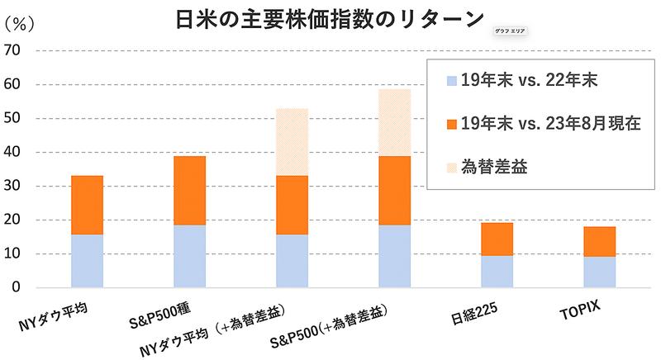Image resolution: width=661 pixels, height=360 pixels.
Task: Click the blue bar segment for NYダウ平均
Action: tap(87, 261)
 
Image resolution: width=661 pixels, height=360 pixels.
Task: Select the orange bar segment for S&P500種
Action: tap(189, 190)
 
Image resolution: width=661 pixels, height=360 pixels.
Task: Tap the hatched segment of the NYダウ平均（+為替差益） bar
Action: tap(292, 142)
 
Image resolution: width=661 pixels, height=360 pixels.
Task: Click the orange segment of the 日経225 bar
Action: tap(497, 239)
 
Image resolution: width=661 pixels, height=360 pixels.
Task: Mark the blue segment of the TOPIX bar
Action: tap(599, 272)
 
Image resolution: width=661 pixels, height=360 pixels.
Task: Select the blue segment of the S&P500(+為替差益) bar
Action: tap(394, 256)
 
